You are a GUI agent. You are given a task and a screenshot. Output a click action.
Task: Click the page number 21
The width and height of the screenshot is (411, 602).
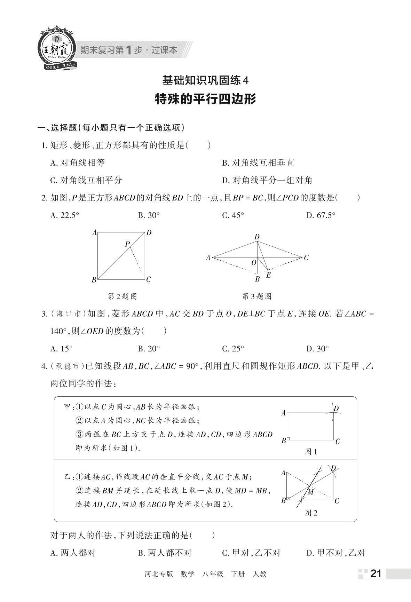[376, 573]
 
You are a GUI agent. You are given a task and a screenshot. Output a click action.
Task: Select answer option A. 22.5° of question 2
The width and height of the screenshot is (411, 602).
[65, 215]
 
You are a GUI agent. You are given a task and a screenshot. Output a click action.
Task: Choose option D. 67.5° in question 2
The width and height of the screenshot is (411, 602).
[321, 215]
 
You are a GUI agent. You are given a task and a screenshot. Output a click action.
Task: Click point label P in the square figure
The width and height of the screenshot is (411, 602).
[127, 244]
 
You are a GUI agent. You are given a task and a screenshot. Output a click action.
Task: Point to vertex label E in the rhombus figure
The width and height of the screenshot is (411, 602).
[269, 275]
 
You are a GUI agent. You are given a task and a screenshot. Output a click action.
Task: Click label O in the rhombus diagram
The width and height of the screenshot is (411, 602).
[254, 263]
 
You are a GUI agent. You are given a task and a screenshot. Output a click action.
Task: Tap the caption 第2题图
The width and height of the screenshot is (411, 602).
[122, 296]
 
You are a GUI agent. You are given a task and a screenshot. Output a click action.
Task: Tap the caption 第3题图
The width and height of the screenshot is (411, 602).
[256, 296]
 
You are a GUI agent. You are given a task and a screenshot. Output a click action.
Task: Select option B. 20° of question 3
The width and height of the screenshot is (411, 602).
[149, 348]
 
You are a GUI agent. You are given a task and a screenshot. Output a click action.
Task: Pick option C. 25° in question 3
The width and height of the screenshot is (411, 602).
[233, 348]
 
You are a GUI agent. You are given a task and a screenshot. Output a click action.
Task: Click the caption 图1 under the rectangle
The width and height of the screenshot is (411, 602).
[311, 452]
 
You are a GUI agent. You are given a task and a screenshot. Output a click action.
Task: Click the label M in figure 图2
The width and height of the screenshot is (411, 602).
[311, 492]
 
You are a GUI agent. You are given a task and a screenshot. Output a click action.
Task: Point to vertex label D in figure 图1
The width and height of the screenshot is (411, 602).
[336, 409]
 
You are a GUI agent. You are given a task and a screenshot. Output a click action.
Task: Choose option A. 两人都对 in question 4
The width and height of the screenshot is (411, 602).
[73, 553]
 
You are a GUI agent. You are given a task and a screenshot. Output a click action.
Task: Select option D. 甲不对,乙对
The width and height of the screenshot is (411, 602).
[336, 553]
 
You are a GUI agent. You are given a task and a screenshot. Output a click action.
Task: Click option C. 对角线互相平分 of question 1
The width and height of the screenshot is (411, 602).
[86, 180]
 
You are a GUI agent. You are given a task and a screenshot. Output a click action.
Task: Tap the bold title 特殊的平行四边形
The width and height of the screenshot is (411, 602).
[205, 99]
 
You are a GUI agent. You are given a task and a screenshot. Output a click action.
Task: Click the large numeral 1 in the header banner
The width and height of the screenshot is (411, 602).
[128, 50]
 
